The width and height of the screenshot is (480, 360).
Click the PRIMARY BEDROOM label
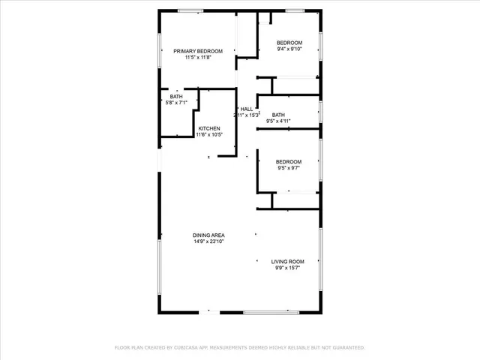[199, 51]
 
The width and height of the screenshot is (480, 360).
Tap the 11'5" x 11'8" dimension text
[199, 58]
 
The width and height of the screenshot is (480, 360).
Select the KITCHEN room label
[209, 128]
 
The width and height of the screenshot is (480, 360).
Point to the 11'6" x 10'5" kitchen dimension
[209, 135]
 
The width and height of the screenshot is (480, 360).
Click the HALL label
[246, 109]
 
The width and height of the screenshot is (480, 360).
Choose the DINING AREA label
[209, 235]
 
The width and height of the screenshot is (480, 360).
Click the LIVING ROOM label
[289, 261]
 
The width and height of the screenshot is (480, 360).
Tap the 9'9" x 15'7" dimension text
[289, 268]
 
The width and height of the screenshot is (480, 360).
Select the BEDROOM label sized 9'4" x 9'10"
[289, 42]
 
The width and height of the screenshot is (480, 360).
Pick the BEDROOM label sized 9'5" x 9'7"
[289, 162]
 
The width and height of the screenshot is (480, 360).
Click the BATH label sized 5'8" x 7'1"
[176, 97]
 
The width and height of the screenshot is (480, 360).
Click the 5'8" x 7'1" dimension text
[176, 103]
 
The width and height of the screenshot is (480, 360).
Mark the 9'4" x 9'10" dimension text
[289, 49]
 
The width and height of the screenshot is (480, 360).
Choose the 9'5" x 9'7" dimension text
[289, 169]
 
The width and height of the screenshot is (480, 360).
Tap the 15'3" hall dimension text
[251, 115]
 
